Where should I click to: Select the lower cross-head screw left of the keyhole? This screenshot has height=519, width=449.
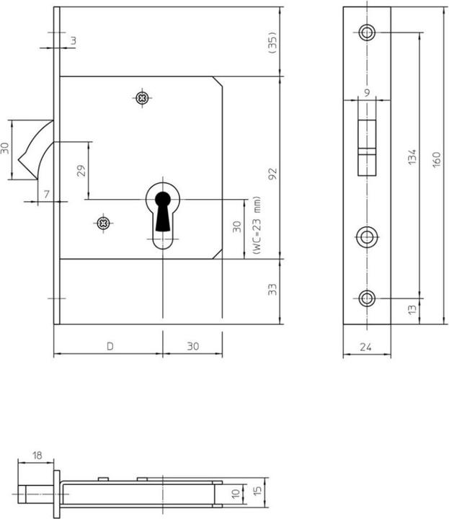pos(104,223)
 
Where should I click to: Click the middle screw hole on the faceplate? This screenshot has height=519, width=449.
pos(368,235)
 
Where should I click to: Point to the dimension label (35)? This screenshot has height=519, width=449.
pos(272,42)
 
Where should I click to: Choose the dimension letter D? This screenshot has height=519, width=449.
pos(110,346)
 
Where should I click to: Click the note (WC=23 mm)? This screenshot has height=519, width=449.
pos(256,226)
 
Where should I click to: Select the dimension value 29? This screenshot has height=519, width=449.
pos(81,172)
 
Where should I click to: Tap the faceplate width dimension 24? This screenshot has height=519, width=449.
pos(368,347)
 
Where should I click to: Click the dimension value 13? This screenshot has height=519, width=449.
pos(412,309)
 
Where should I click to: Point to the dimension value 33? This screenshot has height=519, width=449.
pos(272,290)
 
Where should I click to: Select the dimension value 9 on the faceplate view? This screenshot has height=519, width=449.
pos(368,92)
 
